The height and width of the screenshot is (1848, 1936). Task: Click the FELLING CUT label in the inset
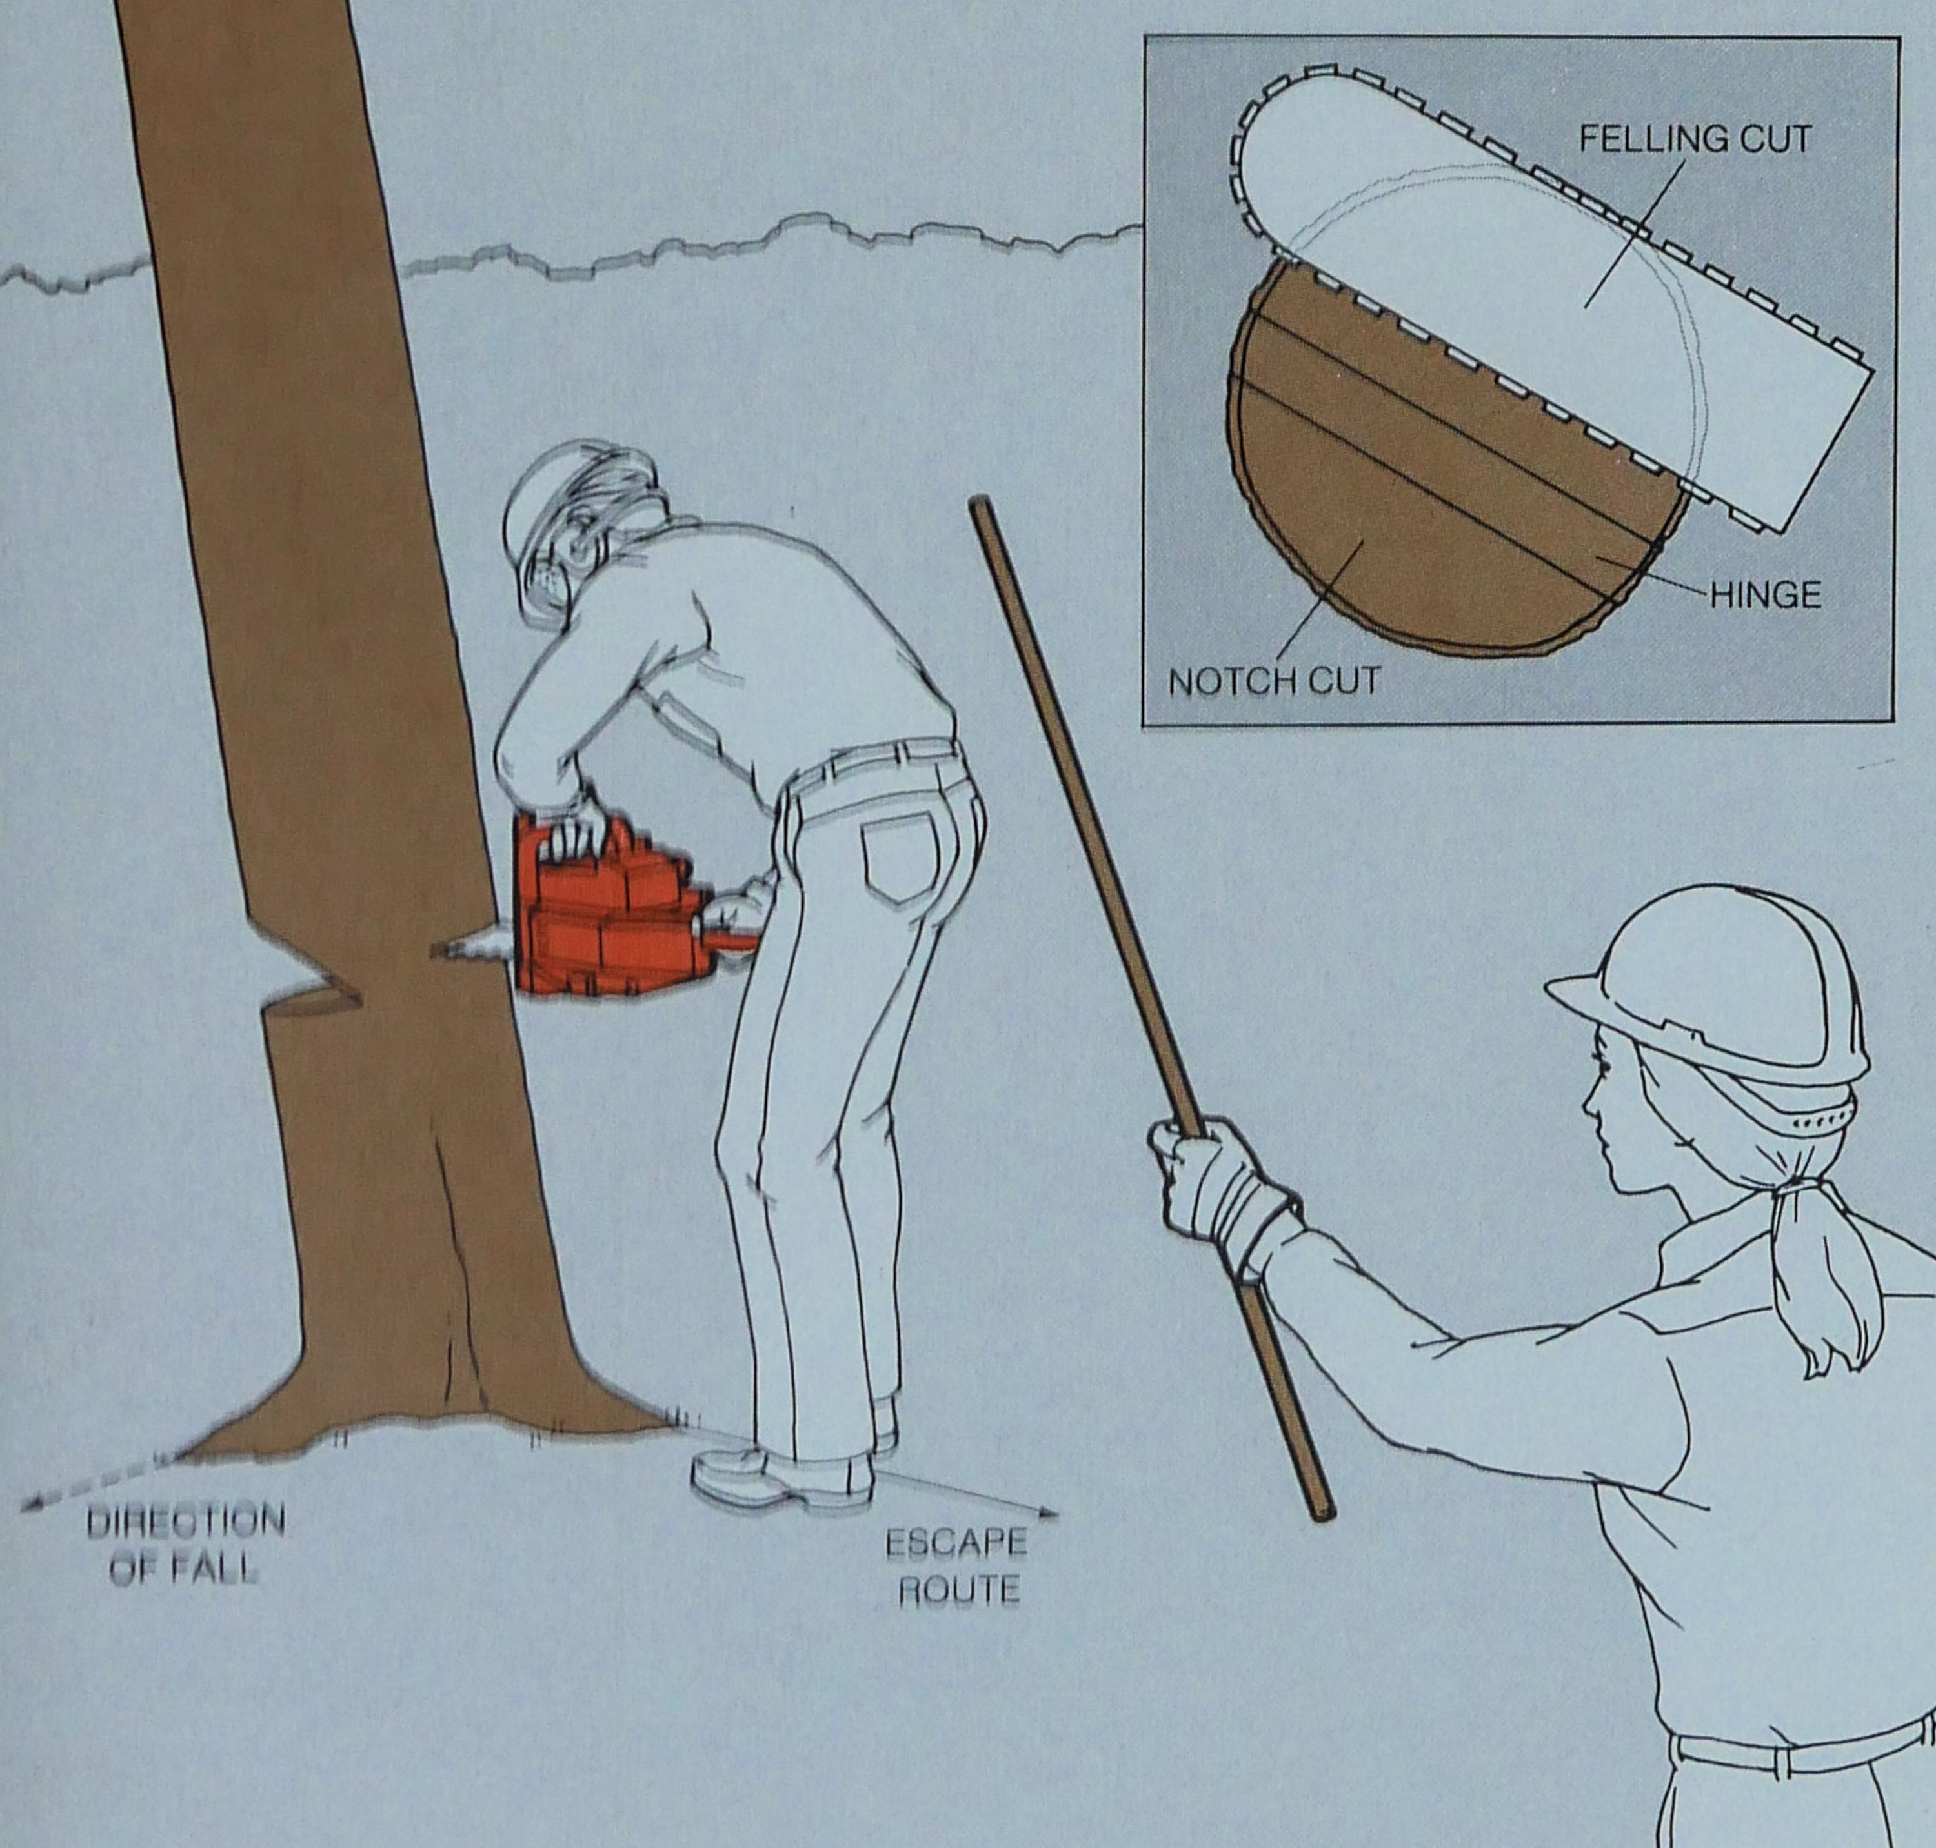1695,139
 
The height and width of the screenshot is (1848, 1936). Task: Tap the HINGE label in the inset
1764,595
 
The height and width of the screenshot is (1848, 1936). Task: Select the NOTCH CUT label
1274,681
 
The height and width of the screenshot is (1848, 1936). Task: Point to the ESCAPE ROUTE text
956,1565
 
